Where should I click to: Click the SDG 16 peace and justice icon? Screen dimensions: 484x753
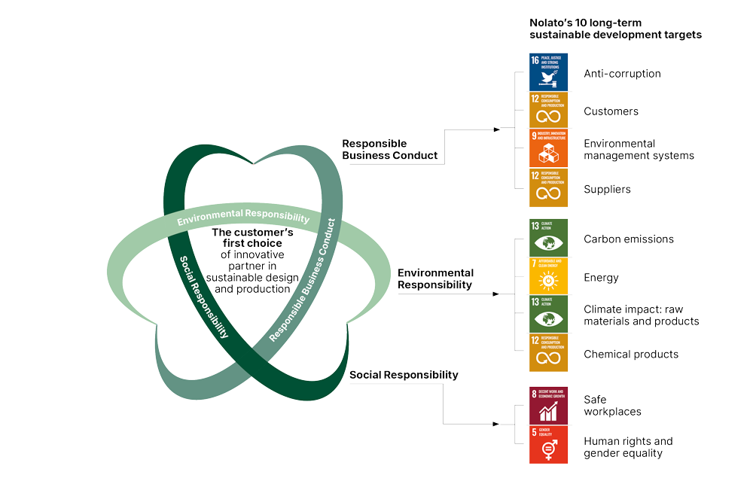[548, 72]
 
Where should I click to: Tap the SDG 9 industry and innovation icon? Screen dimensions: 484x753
[548, 148]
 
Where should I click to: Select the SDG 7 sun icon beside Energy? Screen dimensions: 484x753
[548, 276]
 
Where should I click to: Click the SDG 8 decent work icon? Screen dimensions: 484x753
[548, 405]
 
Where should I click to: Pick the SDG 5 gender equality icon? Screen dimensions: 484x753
[548, 444]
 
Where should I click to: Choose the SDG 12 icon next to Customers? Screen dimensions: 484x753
[548, 111]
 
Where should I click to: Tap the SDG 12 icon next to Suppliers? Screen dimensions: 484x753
[548, 188]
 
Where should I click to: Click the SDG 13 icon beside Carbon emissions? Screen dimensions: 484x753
[548, 238]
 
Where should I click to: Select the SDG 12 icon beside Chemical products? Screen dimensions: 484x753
[548, 353]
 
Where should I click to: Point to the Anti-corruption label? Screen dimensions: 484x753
[622, 74]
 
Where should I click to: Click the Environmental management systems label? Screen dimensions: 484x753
[639, 149]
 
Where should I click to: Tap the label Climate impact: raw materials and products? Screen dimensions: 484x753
[641, 315]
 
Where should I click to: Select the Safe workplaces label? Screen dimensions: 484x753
[612, 405]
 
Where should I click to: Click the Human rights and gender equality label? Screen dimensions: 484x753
[628, 447]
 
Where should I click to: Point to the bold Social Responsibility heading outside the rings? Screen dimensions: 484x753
[404, 375]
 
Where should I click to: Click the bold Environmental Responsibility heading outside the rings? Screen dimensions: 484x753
[435, 279]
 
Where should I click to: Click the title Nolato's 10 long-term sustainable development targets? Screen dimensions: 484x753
[614, 29]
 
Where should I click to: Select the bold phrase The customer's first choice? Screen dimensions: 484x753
[252, 238]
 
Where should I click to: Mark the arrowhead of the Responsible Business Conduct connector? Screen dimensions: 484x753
[496, 129]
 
